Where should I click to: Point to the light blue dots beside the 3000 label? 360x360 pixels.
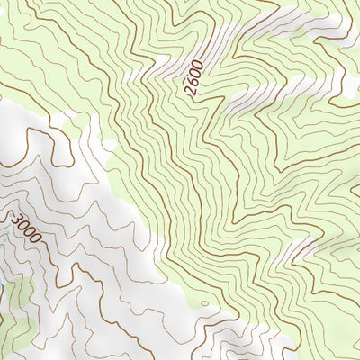(x=5, y=236)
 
